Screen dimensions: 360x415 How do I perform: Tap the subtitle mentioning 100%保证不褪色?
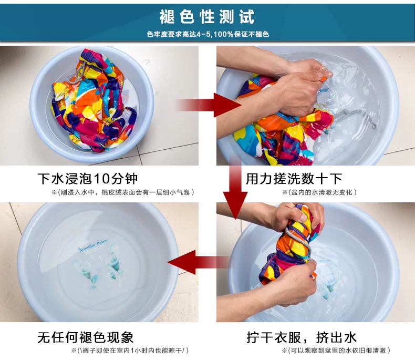(x=207, y=34)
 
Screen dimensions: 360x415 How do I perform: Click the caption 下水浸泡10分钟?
(x=88, y=178)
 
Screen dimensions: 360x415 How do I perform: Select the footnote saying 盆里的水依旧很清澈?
(x=336, y=351)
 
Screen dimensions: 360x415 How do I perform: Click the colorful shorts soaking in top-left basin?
(x=95, y=100)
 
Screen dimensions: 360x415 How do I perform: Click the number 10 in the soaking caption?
(x=109, y=178)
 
